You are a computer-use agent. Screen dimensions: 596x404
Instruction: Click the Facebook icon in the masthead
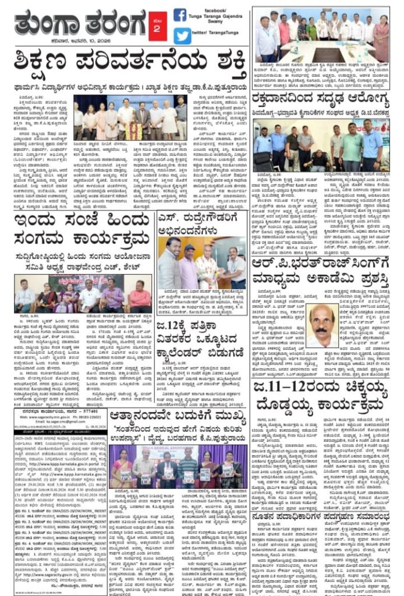pyautogui.click(x=180, y=15)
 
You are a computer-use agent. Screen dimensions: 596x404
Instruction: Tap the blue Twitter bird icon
pyautogui.click(x=182, y=36)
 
